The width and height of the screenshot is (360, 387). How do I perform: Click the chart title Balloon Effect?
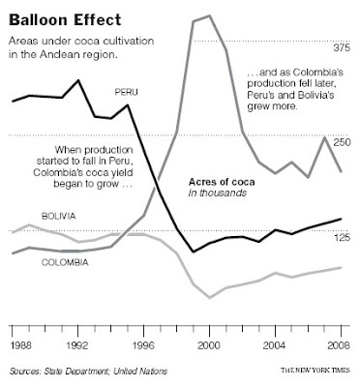[x=61, y=16]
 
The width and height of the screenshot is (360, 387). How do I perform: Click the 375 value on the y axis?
[x=340, y=47]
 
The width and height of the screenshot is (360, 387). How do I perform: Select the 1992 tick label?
[x=78, y=344]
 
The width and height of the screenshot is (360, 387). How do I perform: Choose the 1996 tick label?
[x=144, y=344]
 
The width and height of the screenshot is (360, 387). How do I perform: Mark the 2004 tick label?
[x=275, y=344]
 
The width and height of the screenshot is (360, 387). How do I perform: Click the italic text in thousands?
[x=217, y=193]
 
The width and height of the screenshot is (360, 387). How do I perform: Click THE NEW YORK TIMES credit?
[x=316, y=371]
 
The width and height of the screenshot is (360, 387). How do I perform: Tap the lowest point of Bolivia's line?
[x=210, y=298]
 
